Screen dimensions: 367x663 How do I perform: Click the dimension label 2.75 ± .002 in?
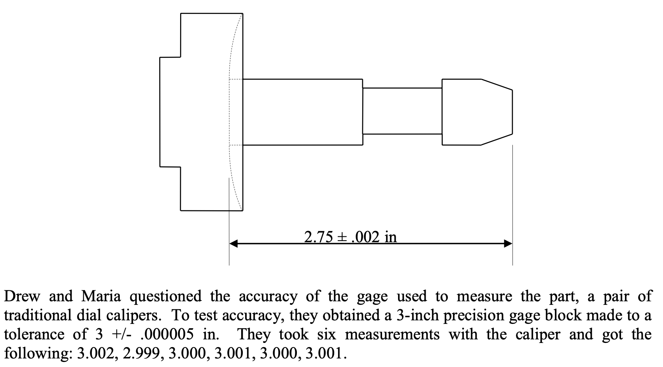coord(350,236)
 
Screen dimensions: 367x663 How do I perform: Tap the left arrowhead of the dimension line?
coord(233,244)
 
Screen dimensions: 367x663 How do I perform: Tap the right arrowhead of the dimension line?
coord(508,244)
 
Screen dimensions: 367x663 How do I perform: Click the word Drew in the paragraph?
coord(22,297)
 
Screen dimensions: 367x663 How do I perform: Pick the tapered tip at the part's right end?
coord(496,112)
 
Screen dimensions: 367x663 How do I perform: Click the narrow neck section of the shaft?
coord(402,111)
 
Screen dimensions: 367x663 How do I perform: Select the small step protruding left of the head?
coord(170,112)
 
